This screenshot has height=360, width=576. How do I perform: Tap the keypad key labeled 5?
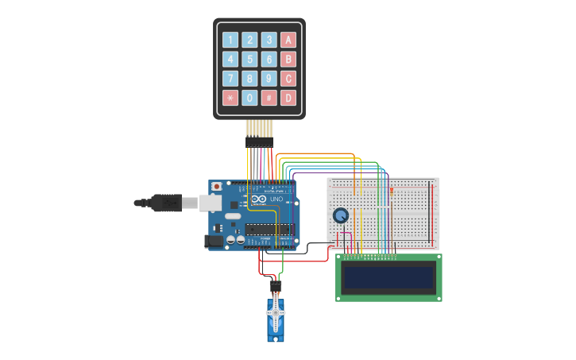(x=249, y=60)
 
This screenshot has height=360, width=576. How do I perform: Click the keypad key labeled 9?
(x=269, y=79)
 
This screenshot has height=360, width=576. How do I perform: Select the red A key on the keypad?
(x=288, y=40)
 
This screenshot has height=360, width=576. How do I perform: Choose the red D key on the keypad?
(x=288, y=99)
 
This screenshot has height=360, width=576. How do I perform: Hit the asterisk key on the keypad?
(x=230, y=99)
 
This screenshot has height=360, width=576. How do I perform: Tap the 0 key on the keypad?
(x=249, y=99)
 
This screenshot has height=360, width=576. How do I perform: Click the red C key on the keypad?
(x=288, y=79)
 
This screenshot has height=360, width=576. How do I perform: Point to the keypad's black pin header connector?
(x=259, y=141)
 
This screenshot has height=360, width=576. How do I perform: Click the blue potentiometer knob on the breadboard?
(x=341, y=215)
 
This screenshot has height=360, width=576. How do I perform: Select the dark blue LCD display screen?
(x=389, y=277)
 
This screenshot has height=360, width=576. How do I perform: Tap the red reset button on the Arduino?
(x=216, y=187)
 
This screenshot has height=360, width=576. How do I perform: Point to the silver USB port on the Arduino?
(x=211, y=203)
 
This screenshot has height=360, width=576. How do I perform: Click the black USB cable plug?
(x=168, y=203)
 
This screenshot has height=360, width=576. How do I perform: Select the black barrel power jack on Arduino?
(x=215, y=240)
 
